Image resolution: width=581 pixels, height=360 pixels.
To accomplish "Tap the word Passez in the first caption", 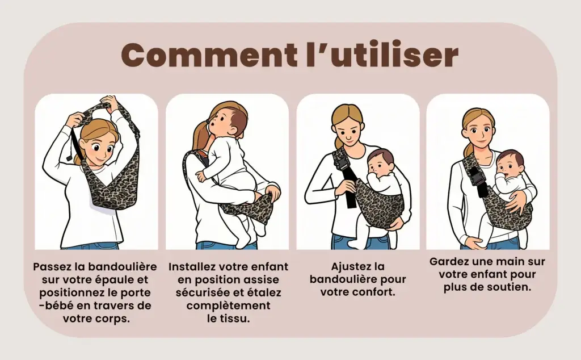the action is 50,266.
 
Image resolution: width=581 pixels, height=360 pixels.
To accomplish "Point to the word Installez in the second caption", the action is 192,266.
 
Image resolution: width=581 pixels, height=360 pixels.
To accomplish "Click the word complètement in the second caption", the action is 228,306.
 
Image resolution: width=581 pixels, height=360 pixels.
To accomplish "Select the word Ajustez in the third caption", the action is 348,266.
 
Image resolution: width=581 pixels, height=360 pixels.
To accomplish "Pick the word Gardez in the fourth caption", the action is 447,261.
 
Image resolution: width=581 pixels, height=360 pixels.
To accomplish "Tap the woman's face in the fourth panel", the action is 479,131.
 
